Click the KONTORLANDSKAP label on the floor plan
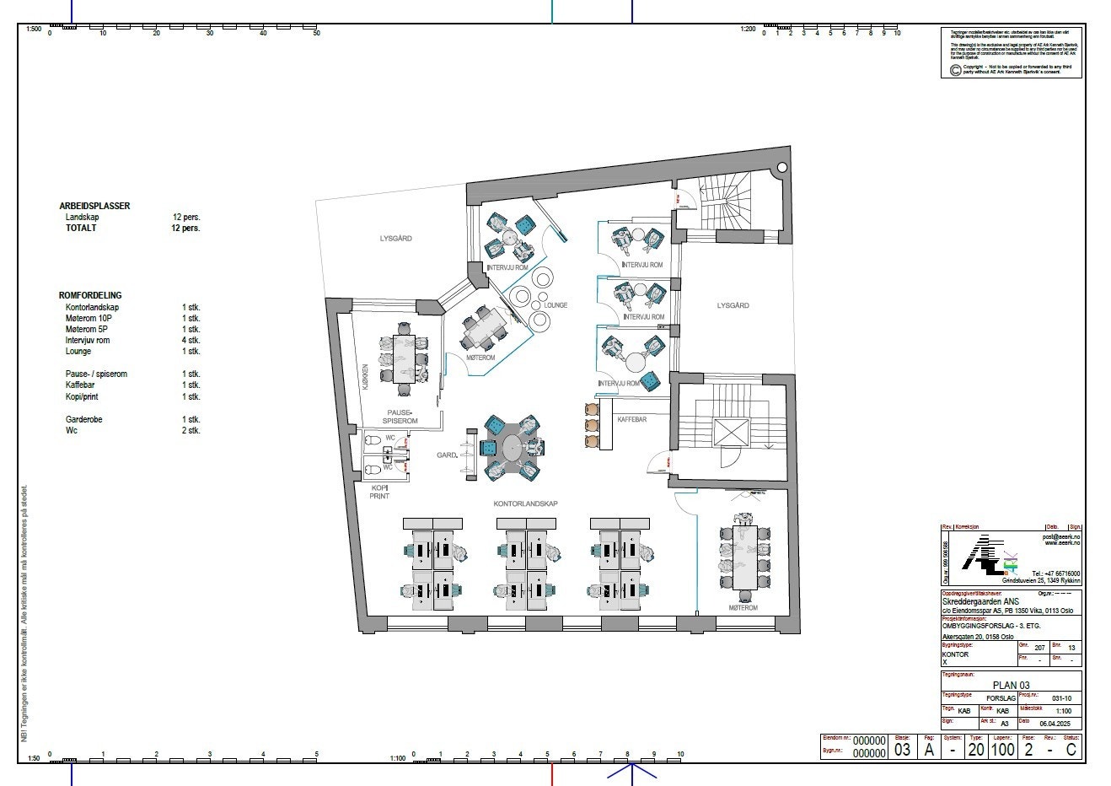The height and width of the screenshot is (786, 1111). [x=525, y=503]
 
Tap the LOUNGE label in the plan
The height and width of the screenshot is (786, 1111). [x=555, y=305]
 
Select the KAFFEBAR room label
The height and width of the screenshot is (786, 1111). [x=631, y=419]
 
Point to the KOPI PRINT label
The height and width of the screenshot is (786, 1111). [x=379, y=492]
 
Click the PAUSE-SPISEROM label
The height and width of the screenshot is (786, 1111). [x=400, y=416]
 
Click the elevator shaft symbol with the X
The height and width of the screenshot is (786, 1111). [x=730, y=432]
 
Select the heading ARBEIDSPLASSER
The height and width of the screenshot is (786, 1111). [x=94, y=206]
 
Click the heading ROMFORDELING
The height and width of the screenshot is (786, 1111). [x=90, y=295]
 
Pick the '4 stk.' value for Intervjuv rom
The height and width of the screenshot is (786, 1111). [x=191, y=341]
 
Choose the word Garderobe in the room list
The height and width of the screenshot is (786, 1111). [x=84, y=419]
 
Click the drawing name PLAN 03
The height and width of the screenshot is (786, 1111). [x=1011, y=685]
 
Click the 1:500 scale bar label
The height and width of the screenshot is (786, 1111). [x=34, y=29]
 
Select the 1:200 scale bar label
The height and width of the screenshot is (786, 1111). [x=749, y=29]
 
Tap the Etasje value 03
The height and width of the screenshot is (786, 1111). [x=902, y=749]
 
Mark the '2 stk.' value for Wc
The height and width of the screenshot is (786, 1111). [x=191, y=430]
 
